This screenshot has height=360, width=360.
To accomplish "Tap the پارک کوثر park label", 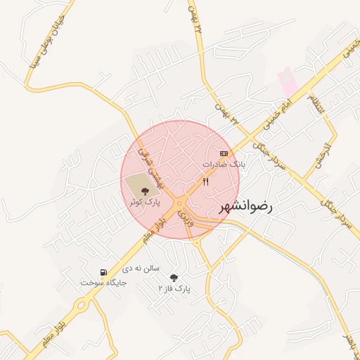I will click(144, 202).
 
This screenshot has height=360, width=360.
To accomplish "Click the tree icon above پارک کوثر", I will click(146, 191).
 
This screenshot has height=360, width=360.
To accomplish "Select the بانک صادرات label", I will click(224, 163).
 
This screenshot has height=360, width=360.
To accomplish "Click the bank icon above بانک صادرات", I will click(224, 153).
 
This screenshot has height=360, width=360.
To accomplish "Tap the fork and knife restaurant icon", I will click(205, 182).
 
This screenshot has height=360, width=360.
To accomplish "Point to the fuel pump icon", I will click(104, 272).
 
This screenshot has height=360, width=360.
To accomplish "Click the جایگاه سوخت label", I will click(103, 283).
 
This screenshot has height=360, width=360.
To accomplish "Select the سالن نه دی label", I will click(141, 268).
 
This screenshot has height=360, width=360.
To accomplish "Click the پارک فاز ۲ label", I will click(174, 288).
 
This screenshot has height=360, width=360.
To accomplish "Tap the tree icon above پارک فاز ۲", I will click(174, 278).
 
